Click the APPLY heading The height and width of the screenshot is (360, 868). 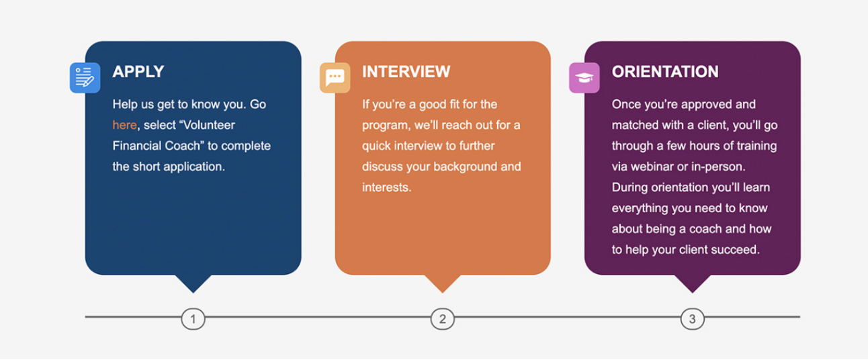pyautogui.click(x=138, y=72)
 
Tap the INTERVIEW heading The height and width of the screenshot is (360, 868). pyautogui.click(x=406, y=72)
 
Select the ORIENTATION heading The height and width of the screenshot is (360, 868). pyautogui.click(x=665, y=72)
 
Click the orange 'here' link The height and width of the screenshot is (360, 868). pyautogui.click(x=124, y=125)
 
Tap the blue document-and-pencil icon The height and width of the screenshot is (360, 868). pyautogui.click(x=85, y=77)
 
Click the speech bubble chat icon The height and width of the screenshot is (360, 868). pyautogui.click(x=335, y=77)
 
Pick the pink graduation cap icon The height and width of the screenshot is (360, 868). pyautogui.click(x=584, y=77)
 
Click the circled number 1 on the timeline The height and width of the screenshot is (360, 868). pyautogui.click(x=193, y=319)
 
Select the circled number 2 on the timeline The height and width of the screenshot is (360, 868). pyautogui.click(x=443, y=319)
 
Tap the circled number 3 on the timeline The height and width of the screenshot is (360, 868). pyautogui.click(x=693, y=319)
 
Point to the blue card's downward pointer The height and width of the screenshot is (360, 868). pyautogui.click(x=193, y=283)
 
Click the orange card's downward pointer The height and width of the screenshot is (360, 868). pyautogui.click(x=443, y=283)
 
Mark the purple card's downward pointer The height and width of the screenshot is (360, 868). pyautogui.click(x=693, y=283)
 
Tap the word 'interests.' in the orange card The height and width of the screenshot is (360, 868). pyautogui.click(x=387, y=187)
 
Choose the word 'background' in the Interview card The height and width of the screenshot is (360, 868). pyautogui.click(x=465, y=167)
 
